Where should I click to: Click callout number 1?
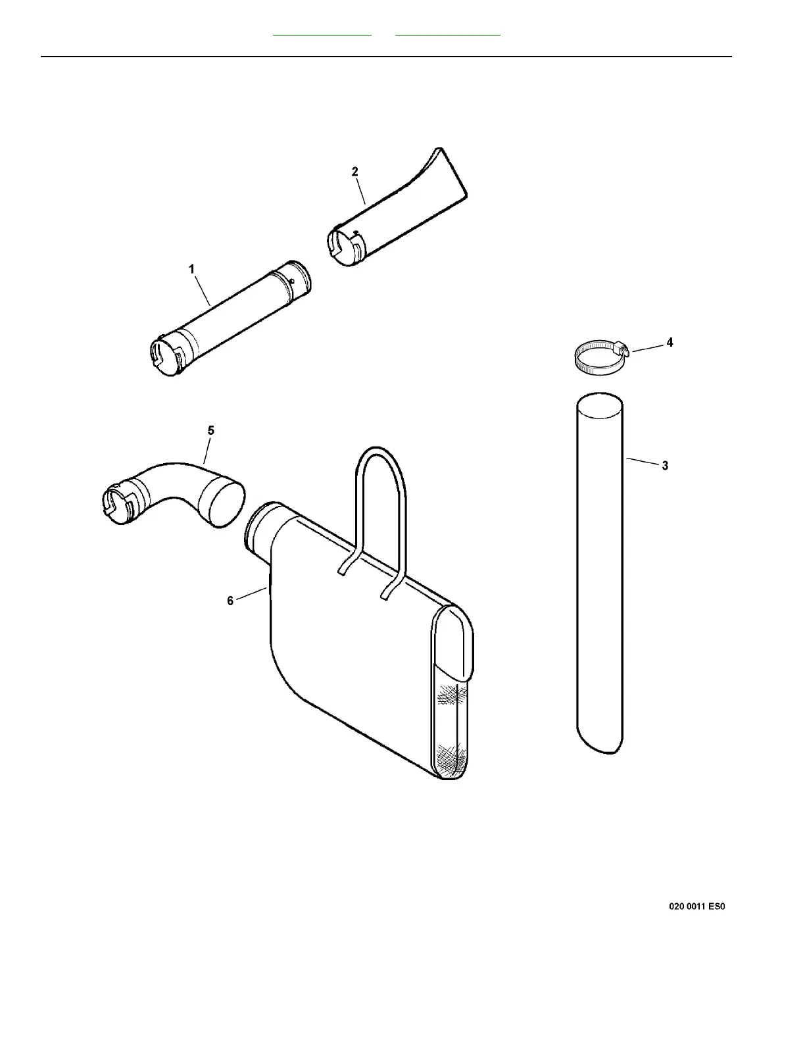click(x=191, y=269)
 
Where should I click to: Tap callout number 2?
click(x=355, y=172)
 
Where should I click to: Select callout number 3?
click(x=665, y=466)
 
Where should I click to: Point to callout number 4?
click(x=670, y=343)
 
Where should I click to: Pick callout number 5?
click(x=210, y=431)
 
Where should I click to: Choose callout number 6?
click(x=230, y=601)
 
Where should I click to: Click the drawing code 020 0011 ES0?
click(x=696, y=906)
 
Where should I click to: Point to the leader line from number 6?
click(x=251, y=593)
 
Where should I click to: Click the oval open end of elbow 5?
click(x=222, y=503)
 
